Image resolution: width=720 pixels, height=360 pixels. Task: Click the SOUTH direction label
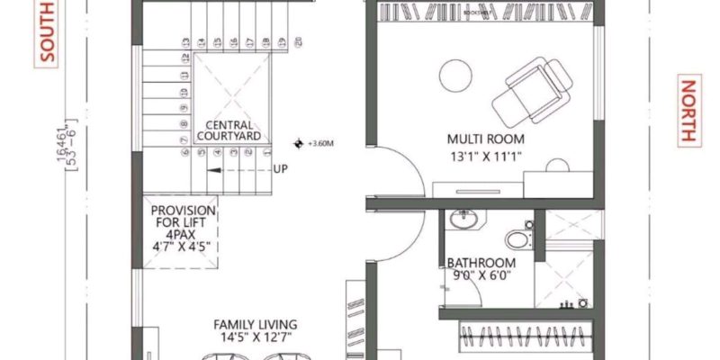pyautogui.click(x=48, y=32)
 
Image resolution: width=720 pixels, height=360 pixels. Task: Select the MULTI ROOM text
pyautogui.click(x=486, y=139)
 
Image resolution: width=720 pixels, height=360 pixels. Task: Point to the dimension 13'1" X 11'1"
pyautogui.click(x=486, y=157)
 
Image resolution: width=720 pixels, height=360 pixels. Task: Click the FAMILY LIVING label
pyautogui.click(x=256, y=324)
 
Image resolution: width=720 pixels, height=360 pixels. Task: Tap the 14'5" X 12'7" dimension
pyautogui.click(x=256, y=338)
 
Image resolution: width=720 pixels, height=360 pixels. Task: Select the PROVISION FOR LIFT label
pyautogui.click(x=183, y=215)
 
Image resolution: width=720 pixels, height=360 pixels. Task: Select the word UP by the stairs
pyautogui.click(x=281, y=168)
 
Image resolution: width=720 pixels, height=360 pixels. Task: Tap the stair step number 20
pyautogui.click(x=297, y=41)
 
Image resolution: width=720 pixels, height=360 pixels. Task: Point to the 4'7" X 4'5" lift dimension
pyautogui.click(x=183, y=244)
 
